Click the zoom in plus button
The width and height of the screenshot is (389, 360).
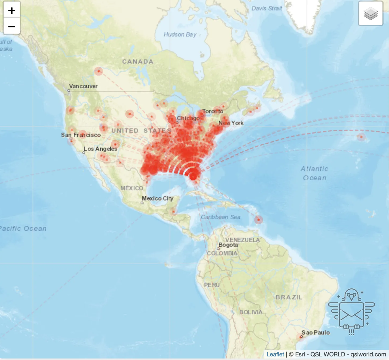pos(12,11)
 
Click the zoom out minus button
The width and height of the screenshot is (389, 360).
pos(12,27)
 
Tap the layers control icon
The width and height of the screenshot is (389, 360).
pos(371,14)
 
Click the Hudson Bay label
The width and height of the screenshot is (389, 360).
pos(180,35)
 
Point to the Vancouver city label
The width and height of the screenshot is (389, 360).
pos(83,86)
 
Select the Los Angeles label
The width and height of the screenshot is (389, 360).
pos(100,149)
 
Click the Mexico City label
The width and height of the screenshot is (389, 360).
pos(158,198)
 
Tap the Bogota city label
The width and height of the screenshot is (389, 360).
pos(228,245)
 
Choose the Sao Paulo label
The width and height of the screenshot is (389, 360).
pos(316,333)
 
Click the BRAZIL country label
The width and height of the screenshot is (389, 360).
pos(289,297)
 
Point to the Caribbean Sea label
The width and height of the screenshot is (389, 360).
pos(220,217)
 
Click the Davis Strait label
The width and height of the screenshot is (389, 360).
pos(266,8)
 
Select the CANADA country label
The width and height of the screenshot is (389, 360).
pos(138,62)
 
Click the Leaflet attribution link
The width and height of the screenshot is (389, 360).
pos(275,354)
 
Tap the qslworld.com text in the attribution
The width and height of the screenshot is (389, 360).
pos(368,354)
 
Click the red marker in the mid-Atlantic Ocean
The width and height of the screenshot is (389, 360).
pos(361,137)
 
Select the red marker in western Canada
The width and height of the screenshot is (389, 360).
pos(98,71)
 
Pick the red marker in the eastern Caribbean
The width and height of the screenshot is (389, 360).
pos(259,220)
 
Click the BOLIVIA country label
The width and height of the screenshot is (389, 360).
pos(251,312)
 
